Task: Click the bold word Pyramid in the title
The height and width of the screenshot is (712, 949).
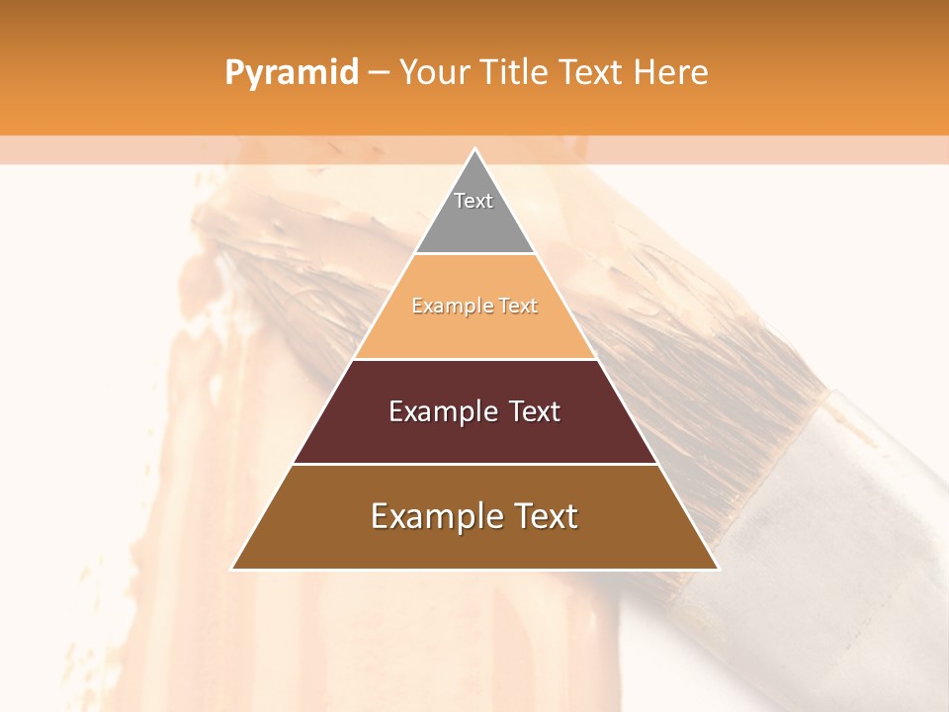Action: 291,73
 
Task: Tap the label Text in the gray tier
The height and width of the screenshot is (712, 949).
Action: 474,201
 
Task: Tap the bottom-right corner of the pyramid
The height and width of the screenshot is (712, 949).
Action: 718,569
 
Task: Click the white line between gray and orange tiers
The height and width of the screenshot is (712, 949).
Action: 474,254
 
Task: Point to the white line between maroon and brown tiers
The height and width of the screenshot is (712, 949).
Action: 474,464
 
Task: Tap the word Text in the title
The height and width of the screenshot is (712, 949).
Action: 594,73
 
